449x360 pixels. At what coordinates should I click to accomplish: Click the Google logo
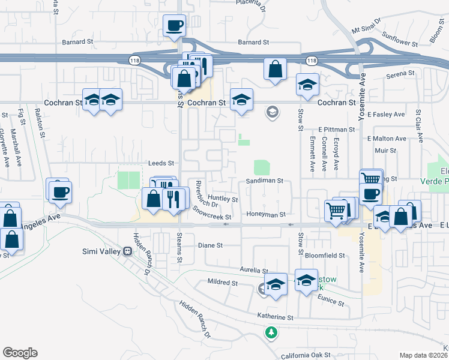pos(20,353)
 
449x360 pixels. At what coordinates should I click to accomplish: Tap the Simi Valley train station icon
pos(127,251)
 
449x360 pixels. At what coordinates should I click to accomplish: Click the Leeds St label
pos(161,163)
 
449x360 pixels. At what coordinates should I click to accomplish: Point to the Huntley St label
pos(223,197)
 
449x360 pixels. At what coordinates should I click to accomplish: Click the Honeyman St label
pos(265,214)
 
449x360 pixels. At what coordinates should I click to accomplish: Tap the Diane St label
pos(211,245)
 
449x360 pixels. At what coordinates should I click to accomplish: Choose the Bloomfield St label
pos(325,255)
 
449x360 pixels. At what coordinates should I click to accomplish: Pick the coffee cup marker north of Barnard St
pos(174,26)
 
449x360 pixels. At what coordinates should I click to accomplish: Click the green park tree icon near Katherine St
pos(271,332)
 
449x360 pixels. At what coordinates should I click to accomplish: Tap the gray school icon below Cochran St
pos(272,112)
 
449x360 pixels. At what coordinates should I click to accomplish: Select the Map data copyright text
pos(424,355)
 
